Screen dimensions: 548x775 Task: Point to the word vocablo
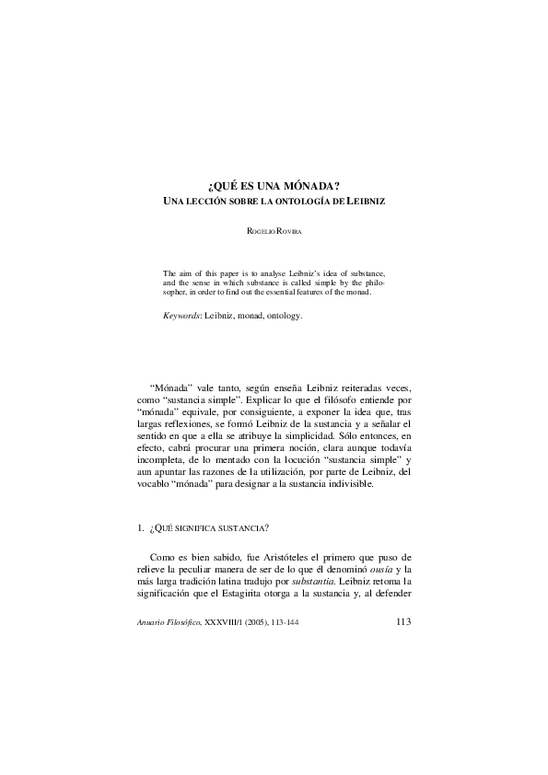[x=153, y=484]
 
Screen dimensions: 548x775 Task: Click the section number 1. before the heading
[x=139, y=528]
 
